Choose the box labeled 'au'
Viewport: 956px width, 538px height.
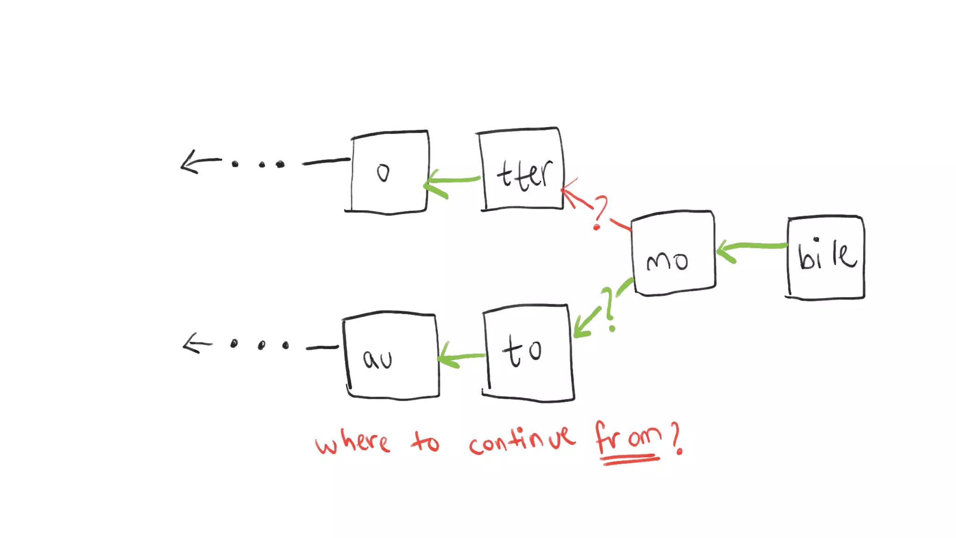[391, 356]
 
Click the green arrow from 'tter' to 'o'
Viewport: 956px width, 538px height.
[451, 182]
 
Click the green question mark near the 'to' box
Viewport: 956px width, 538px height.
[609, 308]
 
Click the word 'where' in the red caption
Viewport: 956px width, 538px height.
[352, 441]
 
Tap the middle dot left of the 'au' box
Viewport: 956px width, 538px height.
[261, 346]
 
